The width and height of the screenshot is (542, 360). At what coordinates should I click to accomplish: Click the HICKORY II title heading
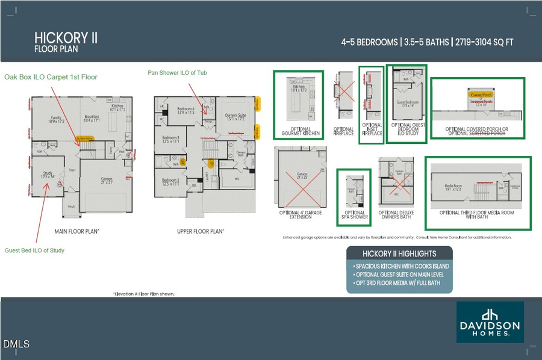[66, 39]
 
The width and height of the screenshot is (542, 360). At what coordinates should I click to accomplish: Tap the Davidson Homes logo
[490, 322]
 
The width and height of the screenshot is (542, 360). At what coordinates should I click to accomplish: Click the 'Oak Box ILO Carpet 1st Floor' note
[51, 77]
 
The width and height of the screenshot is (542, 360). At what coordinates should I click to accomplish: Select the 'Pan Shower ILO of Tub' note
[178, 73]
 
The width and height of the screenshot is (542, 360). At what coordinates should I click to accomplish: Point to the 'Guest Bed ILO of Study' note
[34, 250]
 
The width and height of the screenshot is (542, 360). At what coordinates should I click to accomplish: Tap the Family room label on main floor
[55, 119]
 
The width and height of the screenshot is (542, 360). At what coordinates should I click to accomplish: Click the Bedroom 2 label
[170, 181]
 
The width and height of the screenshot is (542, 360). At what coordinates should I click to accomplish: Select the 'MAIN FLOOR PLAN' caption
[77, 231]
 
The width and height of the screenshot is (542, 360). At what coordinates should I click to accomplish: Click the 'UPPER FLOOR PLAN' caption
[201, 231]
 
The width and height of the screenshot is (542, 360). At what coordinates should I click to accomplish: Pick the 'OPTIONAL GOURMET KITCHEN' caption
[296, 131]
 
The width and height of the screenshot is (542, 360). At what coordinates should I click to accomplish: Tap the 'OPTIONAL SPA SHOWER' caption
[354, 215]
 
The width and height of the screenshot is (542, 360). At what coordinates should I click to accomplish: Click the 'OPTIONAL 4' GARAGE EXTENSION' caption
[301, 215]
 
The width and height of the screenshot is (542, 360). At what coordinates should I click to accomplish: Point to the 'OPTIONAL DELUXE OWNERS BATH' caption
[396, 215]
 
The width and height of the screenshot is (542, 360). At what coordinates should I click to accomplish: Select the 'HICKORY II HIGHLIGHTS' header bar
[399, 253]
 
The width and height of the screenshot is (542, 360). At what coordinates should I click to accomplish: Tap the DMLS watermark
[16, 344]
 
